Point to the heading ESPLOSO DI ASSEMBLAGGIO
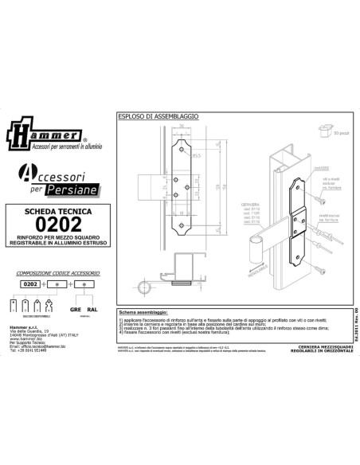(x=158, y=117)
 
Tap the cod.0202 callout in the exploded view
(x=321, y=168)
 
